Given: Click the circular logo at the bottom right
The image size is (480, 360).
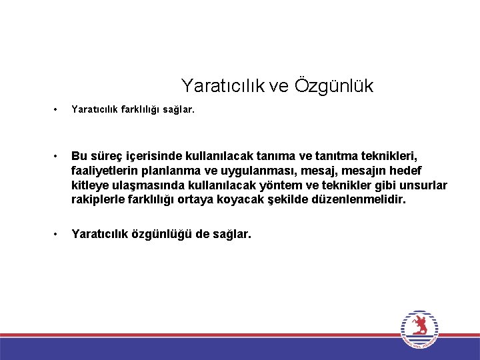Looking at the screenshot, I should (419, 329).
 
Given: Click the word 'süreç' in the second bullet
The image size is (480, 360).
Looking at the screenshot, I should (105, 157).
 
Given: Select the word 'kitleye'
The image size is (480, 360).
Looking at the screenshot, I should (92, 185).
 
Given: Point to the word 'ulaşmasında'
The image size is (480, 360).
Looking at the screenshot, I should (151, 185).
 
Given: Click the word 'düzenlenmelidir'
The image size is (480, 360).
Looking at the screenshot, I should (358, 199).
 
